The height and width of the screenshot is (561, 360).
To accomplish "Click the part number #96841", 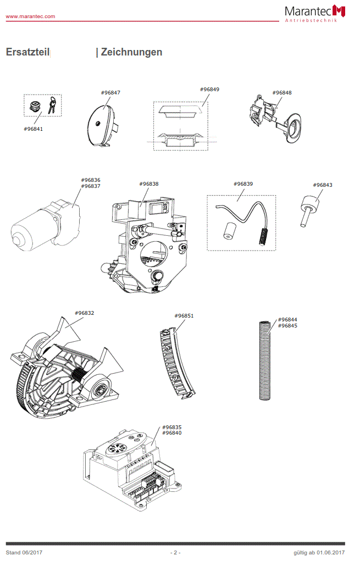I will pos(34,129).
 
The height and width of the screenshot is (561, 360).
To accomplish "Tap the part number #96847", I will pos(110,93).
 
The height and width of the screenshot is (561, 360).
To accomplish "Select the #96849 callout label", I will pos(209,89).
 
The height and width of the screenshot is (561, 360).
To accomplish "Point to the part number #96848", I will pos(282,93).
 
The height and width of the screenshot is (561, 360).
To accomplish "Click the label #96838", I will pos(148,184).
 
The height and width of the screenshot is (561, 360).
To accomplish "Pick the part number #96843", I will pos(323,185).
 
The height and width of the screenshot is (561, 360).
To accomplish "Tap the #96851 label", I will pos(184,316).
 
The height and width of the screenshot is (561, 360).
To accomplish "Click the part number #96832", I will pos(85,313).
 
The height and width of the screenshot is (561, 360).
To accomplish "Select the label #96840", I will pos(171,433).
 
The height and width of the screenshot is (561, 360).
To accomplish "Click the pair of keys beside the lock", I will pos(51,104).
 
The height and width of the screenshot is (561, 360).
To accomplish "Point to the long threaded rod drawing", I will pos(266,359).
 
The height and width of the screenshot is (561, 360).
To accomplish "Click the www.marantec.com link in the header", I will pos(30,16).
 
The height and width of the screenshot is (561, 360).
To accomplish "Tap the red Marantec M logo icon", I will pos(340,10).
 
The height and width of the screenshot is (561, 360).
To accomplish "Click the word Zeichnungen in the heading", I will pos(131,52).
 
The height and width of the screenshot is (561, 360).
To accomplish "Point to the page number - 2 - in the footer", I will pos(175,552).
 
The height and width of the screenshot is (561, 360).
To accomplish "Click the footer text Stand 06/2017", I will pos(24,552).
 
